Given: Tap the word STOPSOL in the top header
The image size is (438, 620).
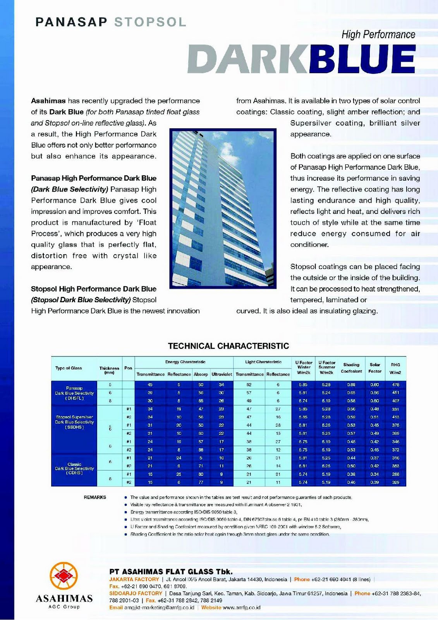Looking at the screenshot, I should coord(150,22).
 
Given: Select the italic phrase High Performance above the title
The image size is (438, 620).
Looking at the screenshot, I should coord(378,35).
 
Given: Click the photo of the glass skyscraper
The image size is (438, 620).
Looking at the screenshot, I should coord(223,209).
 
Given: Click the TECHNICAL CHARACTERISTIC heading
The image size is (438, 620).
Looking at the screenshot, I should coord(228,346).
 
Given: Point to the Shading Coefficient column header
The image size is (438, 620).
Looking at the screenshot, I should coord(351,368).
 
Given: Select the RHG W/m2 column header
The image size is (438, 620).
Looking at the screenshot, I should coord(395,368).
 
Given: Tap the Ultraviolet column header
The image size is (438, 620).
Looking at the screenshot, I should coord(222,374).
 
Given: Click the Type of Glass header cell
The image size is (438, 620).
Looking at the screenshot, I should coord(69,368).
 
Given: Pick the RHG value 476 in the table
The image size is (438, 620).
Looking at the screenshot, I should coord(395,385).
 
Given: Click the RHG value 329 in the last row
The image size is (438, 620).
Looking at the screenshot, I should coord(395,482).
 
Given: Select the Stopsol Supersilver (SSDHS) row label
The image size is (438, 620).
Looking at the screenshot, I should coord(74,422).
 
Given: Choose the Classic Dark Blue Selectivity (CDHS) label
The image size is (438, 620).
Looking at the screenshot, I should coord(74,468).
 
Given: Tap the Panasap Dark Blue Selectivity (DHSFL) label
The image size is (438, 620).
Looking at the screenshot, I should coord(74,393).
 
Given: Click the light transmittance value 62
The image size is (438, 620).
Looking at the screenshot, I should coord(249,385).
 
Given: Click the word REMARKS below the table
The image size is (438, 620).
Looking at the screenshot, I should coord(95,497).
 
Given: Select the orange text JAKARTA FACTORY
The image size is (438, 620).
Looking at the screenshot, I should coord(134,579).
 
